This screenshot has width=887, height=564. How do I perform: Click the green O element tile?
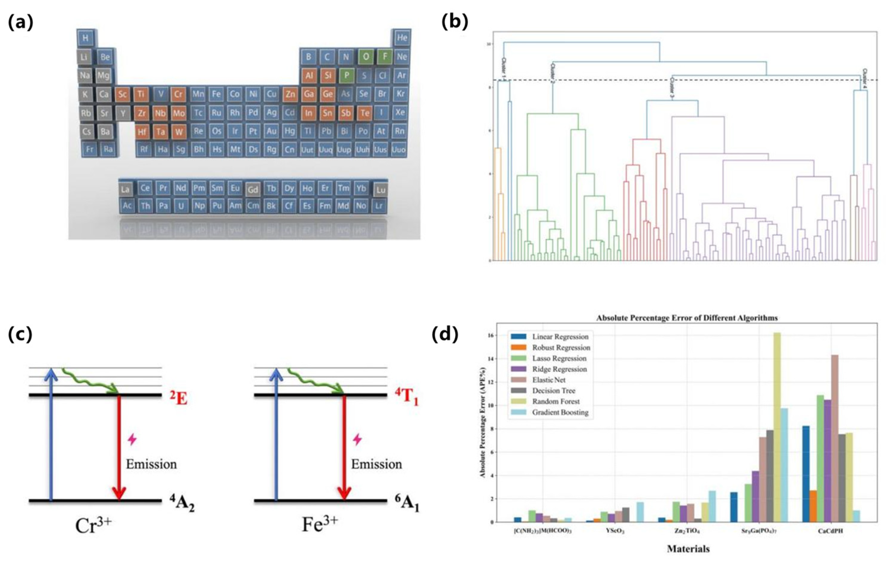(x=365, y=57)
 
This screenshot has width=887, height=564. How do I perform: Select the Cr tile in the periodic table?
(x=178, y=94)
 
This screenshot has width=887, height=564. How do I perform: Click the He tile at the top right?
(x=402, y=38)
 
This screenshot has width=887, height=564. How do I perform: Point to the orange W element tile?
(x=179, y=132)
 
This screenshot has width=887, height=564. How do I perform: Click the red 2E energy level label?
(x=178, y=398)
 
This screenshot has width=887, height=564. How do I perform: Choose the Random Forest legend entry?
(x=555, y=401)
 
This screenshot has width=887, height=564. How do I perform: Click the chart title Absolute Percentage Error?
(x=687, y=318)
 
